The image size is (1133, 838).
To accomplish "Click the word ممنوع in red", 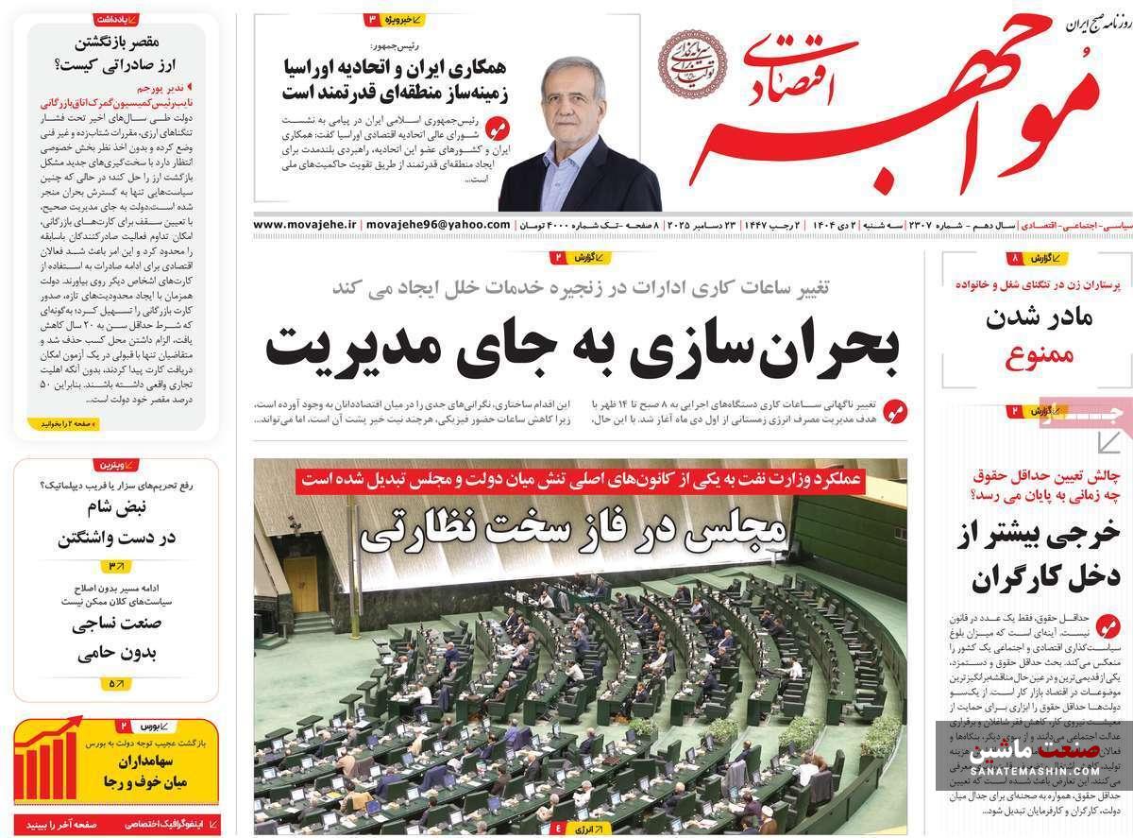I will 1037,357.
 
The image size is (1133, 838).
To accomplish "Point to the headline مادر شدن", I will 1037,319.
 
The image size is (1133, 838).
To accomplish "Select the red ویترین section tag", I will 116,465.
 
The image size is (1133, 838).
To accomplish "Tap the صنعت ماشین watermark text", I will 1034,755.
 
